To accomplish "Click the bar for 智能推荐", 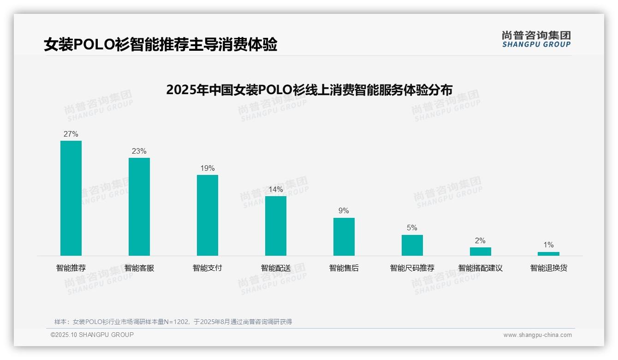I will coord(71,198).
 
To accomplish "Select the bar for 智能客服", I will coord(139,207).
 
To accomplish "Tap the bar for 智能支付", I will coord(208,215).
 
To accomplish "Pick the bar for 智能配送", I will coord(276,226).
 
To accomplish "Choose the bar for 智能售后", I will coord(344,237).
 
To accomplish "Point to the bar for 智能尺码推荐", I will coord(412,245).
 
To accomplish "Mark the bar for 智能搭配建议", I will coord(481,252).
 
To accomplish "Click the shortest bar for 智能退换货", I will coord(548,254).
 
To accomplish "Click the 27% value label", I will coord(71,134).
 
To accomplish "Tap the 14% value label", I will coord(276,190).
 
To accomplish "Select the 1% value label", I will coord(548,245).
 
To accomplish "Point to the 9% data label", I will coord(344,211).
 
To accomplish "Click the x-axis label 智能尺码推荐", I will coord(412,268).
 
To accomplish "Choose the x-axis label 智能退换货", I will coord(548,268).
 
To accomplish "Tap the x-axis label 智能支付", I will coord(208,268).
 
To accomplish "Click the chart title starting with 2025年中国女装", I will coord(309,90).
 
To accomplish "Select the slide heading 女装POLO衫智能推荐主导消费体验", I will coord(160,45).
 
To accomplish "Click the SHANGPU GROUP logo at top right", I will coord(536,39).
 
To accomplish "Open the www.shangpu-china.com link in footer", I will coord(537,335).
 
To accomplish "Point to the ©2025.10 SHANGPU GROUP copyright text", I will coord(92,335).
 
